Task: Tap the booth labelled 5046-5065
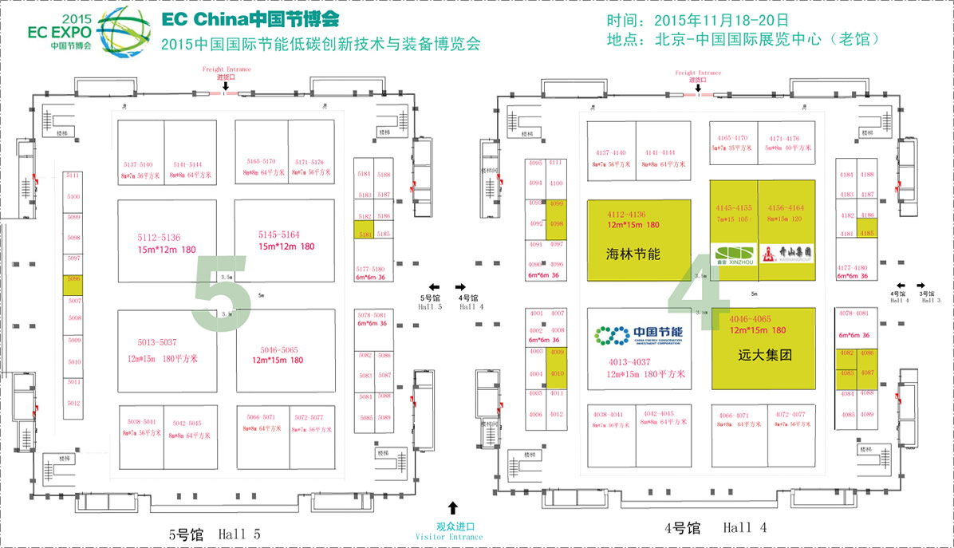click(278, 354)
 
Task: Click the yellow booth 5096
click(74, 281)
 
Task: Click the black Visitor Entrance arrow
click(453, 507)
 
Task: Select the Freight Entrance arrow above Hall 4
click(698, 89)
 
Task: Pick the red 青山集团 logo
click(787, 253)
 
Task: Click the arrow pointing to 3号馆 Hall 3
click(922, 285)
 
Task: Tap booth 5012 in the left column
click(74, 404)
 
